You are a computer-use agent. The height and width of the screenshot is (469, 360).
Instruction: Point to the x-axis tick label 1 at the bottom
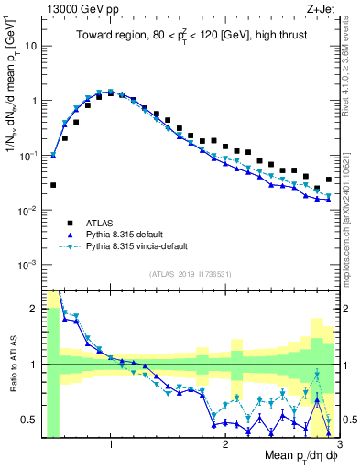[111, 445]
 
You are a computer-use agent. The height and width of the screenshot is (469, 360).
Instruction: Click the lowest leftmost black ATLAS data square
[53, 185]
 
